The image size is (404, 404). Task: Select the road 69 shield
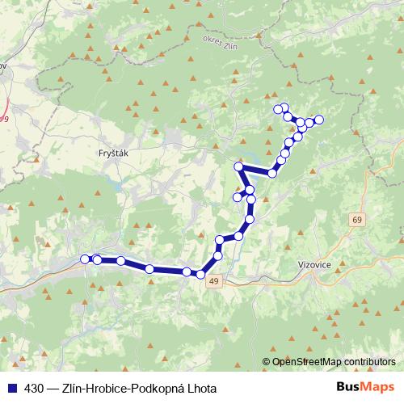pyautogui.click(x=357, y=220)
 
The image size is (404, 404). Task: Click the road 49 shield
pyautogui.click(x=213, y=280)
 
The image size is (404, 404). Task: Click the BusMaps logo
pyautogui.click(x=367, y=388)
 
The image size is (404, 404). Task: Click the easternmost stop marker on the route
pyautogui.click(x=318, y=120)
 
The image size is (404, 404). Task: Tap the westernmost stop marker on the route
pyautogui.click(x=85, y=259)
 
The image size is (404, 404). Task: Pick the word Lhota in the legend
pyautogui.click(x=202, y=389)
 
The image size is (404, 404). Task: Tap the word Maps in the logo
pyautogui.click(x=380, y=388)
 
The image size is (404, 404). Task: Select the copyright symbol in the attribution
pyautogui.click(x=266, y=362)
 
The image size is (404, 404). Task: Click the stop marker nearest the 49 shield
pyautogui.click(x=200, y=275)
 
